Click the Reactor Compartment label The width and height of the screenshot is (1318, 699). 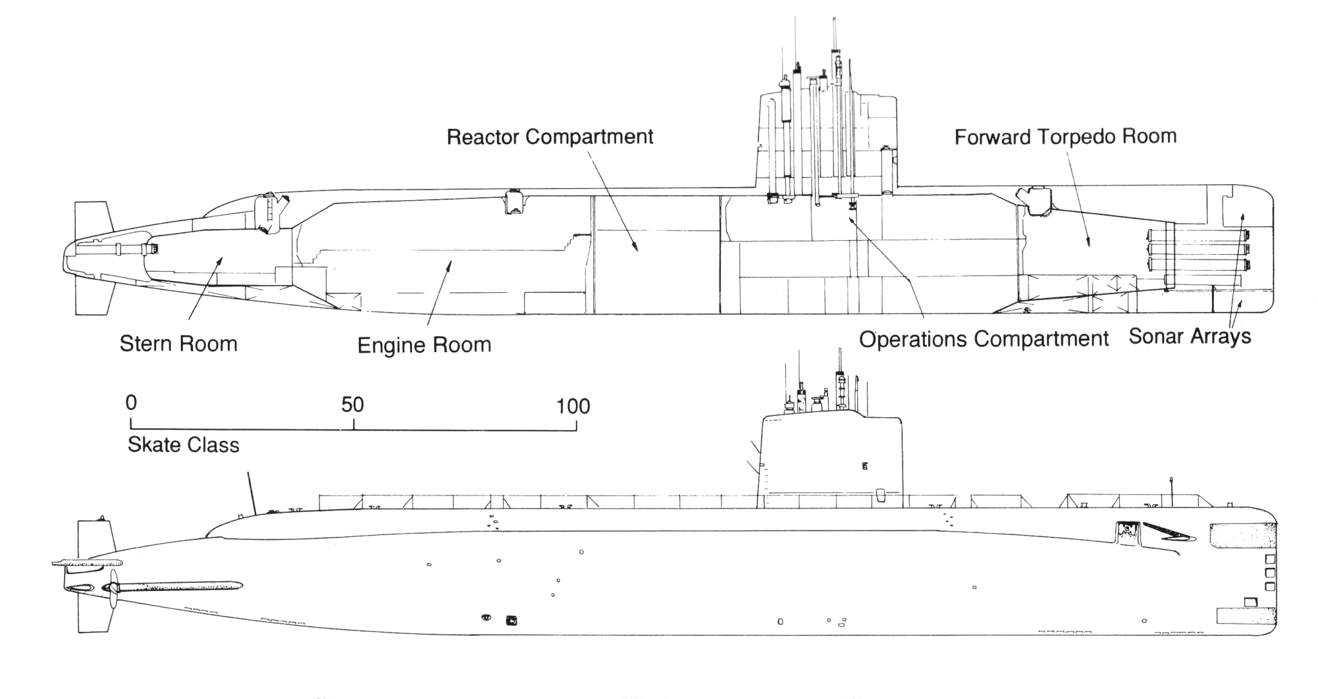coord(550,137)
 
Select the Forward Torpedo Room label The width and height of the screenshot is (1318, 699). coord(1065,137)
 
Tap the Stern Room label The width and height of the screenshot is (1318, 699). coord(178,344)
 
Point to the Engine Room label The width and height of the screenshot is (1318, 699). coord(424,345)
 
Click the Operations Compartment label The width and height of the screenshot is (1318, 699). coord(983,339)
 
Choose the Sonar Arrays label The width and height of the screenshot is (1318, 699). coord(1190,336)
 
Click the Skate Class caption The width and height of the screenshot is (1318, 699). coord(183,445)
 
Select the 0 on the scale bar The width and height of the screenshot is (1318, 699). coord(131,403)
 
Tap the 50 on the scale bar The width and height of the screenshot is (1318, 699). coord(353,404)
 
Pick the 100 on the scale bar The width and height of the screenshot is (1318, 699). coord(573,406)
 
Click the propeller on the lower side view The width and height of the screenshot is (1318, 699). coord(113,588)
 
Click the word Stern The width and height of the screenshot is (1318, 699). coord(146,344)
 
